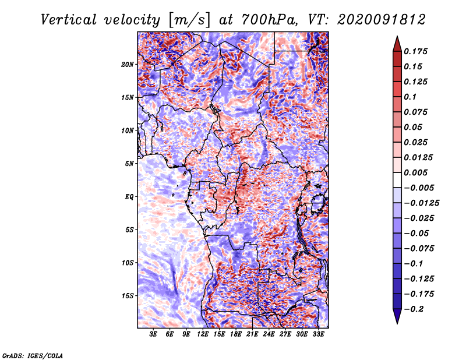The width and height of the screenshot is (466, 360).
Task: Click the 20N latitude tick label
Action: coord(128,65)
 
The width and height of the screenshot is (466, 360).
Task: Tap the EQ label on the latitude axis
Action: coord(129,197)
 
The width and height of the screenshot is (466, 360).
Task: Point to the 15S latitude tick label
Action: coord(128,296)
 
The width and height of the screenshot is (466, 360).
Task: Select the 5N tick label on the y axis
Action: coord(129,164)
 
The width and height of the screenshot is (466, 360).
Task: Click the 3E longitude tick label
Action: coord(153,334)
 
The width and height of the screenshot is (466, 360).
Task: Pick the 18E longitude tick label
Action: coord(236,334)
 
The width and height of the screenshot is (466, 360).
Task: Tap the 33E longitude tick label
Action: coord(318,334)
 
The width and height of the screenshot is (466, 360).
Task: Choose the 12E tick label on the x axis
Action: coord(203,334)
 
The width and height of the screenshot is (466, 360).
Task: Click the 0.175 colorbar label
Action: coord(415,51)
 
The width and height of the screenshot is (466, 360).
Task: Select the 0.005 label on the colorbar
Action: coord(415,172)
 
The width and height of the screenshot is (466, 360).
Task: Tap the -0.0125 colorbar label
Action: coord(421,203)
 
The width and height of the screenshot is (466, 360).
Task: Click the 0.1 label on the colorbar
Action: coord(410,97)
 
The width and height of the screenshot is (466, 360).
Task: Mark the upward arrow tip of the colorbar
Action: coord(397,36)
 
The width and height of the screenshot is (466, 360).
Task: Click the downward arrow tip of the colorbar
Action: coord(397,324)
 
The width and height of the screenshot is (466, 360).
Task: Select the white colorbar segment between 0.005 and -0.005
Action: coord(397,180)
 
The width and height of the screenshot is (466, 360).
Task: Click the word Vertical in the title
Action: coord(69,20)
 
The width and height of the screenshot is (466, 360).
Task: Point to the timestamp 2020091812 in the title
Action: coord(382,20)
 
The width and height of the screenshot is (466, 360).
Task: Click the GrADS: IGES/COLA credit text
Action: coord(33,355)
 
